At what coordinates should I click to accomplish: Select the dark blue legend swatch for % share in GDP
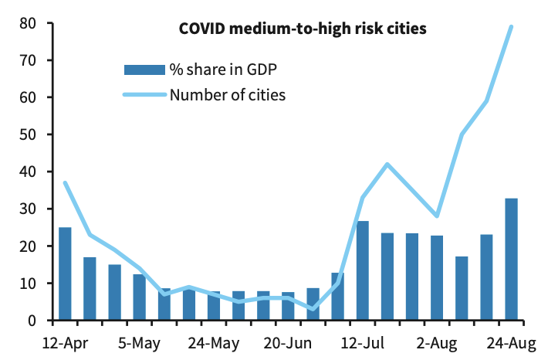pos(144,70)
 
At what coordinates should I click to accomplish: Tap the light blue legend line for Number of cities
pos(144,95)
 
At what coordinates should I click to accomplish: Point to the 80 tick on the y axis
pos(28,23)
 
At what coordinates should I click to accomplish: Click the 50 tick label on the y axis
pos(28,134)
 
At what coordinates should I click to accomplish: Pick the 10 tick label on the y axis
pos(28,284)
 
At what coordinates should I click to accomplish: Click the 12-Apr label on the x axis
pos(64,341)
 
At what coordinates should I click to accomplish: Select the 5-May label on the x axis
pos(139,341)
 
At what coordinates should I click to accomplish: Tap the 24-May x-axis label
pos(213,341)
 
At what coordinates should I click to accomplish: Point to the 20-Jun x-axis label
pos(288,341)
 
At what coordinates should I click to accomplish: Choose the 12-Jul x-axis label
pos(363,341)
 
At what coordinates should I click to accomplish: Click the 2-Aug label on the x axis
pos(437,341)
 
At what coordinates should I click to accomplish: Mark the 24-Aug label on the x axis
pos(511,341)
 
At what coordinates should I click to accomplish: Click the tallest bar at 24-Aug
pos(511,260)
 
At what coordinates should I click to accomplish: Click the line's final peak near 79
pos(511,27)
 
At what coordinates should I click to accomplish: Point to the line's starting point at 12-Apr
pos(65,183)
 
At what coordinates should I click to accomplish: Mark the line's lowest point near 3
pos(313,309)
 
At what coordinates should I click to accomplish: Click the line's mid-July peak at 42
pos(387,164)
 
